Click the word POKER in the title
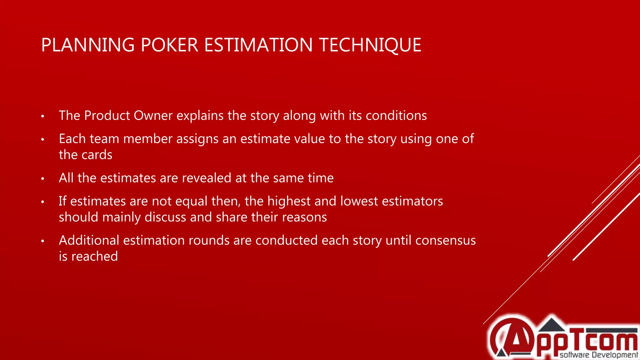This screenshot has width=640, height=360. click(x=169, y=45)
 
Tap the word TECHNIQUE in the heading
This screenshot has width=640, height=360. click(x=370, y=45)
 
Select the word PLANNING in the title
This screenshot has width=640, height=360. click(x=88, y=45)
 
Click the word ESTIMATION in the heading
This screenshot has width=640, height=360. click(x=258, y=45)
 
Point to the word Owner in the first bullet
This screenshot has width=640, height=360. click(x=153, y=116)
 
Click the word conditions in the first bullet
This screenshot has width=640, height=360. click(x=396, y=116)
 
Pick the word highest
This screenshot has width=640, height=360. click(x=289, y=201)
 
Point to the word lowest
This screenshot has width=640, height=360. click(x=359, y=201)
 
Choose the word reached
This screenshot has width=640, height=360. click(x=95, y=257)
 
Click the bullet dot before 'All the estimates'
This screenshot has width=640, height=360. click(x=43, y=179)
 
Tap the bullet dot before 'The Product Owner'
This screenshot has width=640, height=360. click(x=43, y=117)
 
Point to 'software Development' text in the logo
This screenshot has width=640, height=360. click(x=598, y=355)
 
